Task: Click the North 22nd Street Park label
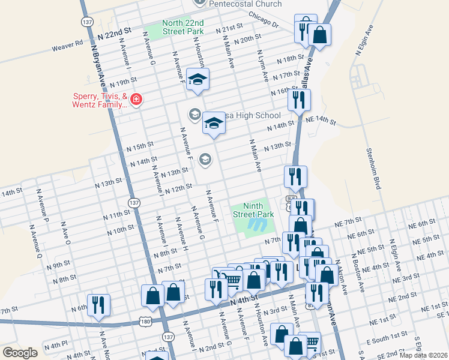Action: pyautogui.click(x=183, y=28)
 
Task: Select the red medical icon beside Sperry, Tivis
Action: pyautogui.click(x=137, y=99)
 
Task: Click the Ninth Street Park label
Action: pyautogui.click(x=253, y=210)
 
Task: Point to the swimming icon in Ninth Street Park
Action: pyautogui.click(x=259, y=225)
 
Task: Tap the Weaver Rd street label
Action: pyautogui.click(x=67, y=44)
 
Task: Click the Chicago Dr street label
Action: pyautogui.click(x=264, y=22)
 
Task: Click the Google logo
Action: pyautogui.click(x=20, y=353)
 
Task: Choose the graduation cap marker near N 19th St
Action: pyautogui.click(x=197, y=79)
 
